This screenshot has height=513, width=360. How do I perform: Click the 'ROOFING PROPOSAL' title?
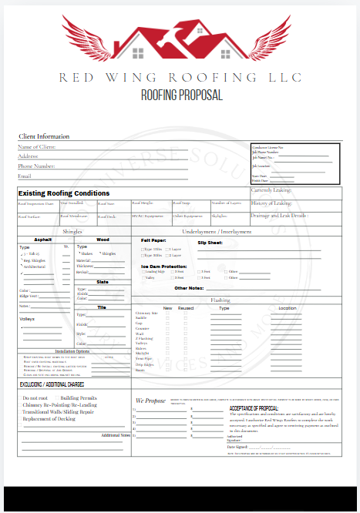(181, 96)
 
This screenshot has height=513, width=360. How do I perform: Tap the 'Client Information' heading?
(44, 136)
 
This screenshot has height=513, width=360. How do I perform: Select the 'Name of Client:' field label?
(36, 146)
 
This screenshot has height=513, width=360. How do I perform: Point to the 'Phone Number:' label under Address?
(36, 166)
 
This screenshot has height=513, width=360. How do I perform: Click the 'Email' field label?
(25, 176)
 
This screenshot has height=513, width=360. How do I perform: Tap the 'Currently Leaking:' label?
(271, 190)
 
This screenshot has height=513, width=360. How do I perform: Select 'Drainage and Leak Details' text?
(279, 216)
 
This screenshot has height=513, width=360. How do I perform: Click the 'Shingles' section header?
(72, 231)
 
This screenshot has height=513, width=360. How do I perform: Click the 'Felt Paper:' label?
(153, 240)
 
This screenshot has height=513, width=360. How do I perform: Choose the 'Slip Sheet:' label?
(210, 243)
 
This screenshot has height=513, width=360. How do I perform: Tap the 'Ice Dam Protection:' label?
(163, 266)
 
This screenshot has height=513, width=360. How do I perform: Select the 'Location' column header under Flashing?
(288, 307)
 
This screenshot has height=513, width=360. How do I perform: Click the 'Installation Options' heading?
(72, 351)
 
